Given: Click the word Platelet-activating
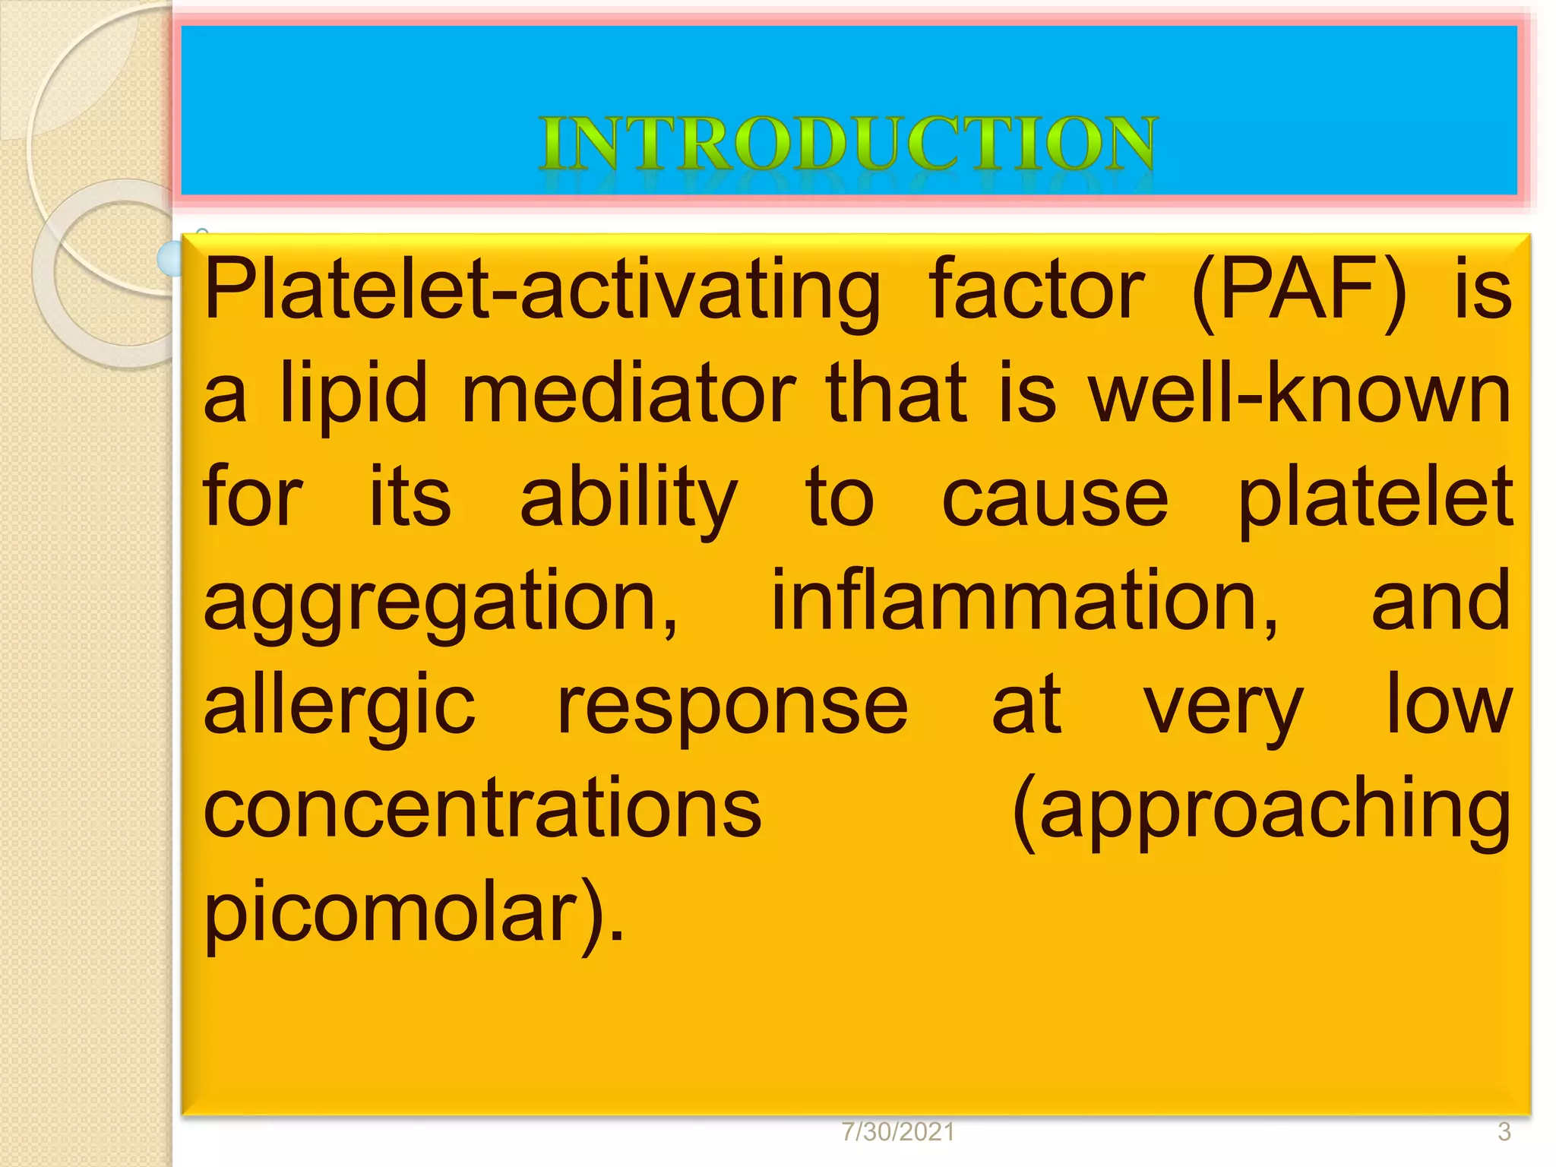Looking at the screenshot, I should point(542,291).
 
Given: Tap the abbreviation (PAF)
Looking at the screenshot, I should point(1299,291).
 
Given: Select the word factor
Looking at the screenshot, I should point(1036,289).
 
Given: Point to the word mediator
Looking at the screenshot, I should point(628,394).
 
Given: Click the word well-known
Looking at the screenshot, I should point(1300,394).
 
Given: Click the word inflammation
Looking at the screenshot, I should point(1026,602).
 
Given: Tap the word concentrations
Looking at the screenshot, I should point(482,808).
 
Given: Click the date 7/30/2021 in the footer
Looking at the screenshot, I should point(898,1132).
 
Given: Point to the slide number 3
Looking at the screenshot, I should point(1504,1132).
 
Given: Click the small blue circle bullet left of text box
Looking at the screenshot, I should point(170,259).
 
